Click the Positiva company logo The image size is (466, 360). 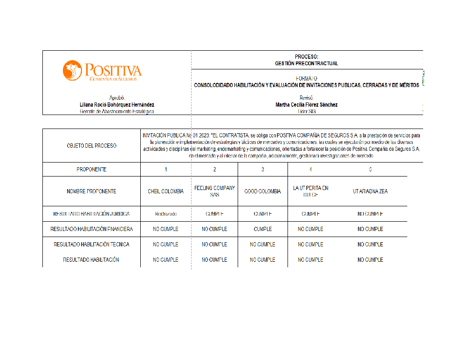(102, 71)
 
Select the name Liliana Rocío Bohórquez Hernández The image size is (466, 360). (117, 105)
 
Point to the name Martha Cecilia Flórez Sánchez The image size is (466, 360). (306, 105)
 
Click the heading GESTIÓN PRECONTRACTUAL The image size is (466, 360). (306, 63)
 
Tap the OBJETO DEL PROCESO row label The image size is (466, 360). (91, 146)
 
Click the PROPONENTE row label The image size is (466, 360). (91, 170)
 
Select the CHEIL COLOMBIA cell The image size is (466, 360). (165, 191)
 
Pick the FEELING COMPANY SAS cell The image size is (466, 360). (214, 191)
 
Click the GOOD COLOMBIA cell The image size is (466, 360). (262, 191)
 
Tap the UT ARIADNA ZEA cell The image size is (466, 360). (370, 191)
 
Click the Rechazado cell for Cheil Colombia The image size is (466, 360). (165, 214)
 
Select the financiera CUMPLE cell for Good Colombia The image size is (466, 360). (262, 229)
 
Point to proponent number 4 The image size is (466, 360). (310, 170)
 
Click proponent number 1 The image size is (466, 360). (165, 170)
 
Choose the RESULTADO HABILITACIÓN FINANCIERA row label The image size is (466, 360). (91, 229)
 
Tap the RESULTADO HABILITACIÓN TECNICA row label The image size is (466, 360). (91, 245)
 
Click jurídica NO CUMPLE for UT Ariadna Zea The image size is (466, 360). (370, 214)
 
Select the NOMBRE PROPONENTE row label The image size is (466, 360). (91, 191)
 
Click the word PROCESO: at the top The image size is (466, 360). (306, 57)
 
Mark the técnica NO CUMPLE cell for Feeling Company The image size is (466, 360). (214, 245)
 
